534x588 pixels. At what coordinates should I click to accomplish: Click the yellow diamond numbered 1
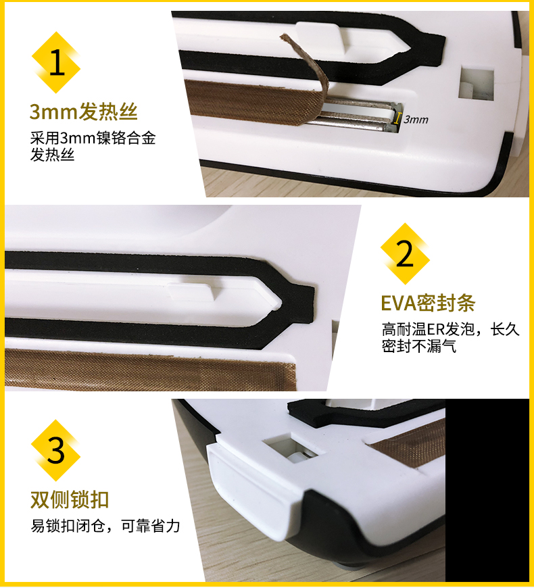coord(56,62)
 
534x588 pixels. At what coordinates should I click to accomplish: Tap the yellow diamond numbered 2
coord(405,254)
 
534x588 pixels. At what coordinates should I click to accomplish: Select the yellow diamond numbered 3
coord(56,450)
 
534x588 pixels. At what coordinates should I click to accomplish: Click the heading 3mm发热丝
coord(83,112)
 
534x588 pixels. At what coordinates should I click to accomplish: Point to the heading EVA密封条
coord(428,303)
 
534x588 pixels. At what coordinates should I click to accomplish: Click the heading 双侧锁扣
coord(70,499)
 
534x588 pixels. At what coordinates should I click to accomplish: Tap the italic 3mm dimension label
coord(416,120)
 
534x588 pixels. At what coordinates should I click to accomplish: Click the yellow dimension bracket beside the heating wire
coord(396,118)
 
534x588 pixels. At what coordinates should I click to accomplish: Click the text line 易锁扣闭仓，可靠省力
coord(105,526)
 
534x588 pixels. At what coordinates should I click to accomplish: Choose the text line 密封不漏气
coord(419,346)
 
